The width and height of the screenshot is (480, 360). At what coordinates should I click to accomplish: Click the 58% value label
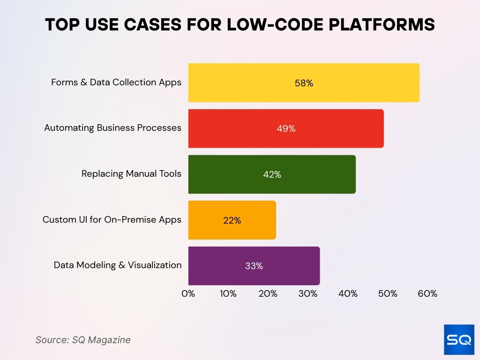[304, 83]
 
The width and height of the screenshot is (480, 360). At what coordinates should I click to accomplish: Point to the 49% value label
[286, 128]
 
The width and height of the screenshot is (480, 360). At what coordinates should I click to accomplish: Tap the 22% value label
[232, 220]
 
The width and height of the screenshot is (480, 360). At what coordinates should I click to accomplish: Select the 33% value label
[254, 266]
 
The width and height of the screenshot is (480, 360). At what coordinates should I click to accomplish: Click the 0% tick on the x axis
[188, 294]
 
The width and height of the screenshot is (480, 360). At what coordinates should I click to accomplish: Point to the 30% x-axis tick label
[307, 294]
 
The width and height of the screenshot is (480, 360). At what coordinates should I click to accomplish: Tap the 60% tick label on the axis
[427, 294]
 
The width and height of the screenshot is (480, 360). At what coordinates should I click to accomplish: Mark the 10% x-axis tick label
[228, 294]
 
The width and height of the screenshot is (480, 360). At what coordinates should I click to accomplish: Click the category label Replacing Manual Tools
[131, 173]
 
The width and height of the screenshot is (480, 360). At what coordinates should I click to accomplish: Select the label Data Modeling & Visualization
[118, 265]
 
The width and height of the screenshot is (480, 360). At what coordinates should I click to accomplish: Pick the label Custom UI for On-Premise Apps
[112, 219]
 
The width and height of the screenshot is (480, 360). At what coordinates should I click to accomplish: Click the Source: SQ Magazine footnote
[83, 340]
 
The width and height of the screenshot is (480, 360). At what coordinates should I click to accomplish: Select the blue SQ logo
[459, 339]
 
